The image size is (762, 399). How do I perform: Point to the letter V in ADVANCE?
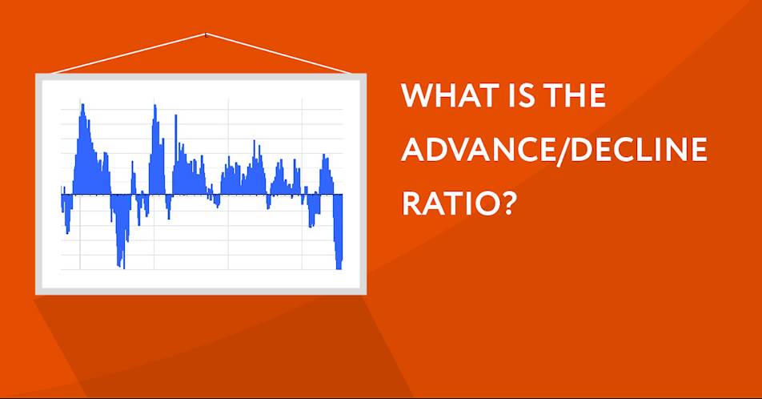tap(457, 149)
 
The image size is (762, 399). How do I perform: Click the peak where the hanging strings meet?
tap(206, 34)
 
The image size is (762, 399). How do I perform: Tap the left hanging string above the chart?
tap(128, 54)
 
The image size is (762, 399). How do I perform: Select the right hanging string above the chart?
tap(279, 54)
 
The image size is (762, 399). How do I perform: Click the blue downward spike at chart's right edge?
tap(339, 234)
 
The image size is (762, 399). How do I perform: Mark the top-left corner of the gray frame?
tap(35, 74)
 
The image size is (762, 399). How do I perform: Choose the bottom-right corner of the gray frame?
tap(367, 294)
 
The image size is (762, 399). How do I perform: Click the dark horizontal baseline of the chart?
tap(202, 195)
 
